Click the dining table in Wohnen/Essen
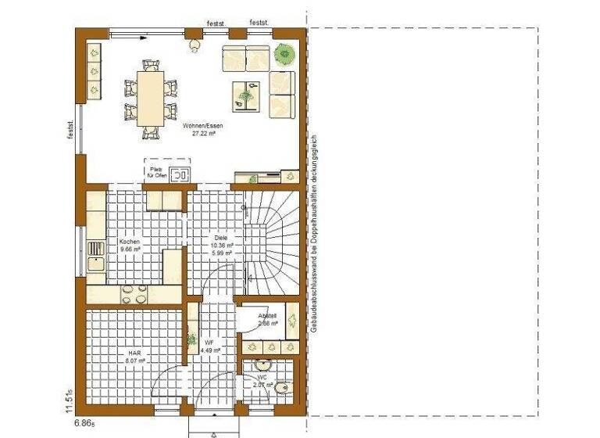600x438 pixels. (x=149, y=98)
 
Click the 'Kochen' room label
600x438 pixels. (x=130, y=242)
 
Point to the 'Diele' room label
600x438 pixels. (x=220, y=237)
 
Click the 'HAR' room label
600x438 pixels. (x=135, y=353)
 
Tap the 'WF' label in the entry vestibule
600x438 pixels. (x=209, y=343)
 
